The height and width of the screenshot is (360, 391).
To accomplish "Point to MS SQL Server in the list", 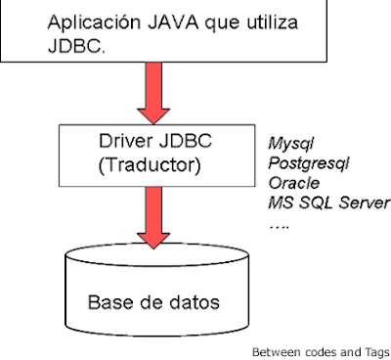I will point(327,202).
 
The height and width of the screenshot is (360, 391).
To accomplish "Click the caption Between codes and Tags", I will point(320,351).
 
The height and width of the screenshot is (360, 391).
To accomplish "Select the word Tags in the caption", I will point(375,351).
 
